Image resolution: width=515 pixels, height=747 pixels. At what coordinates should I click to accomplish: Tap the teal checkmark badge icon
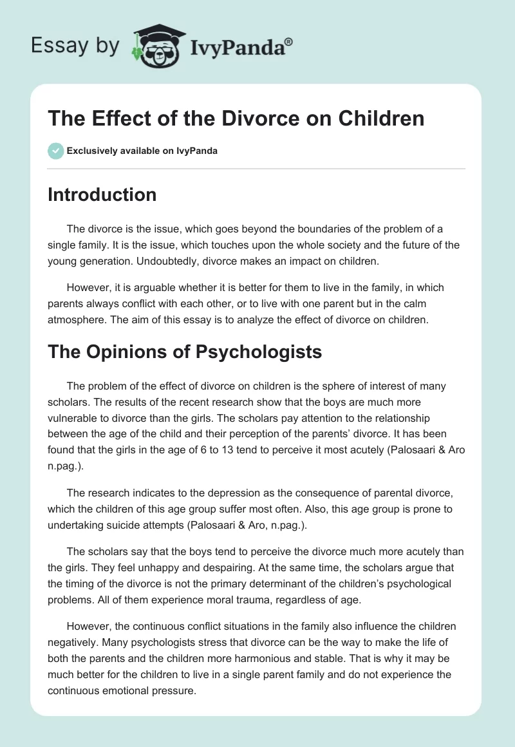pos(55,151)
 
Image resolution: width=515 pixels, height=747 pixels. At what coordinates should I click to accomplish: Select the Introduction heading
pos(102,194)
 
